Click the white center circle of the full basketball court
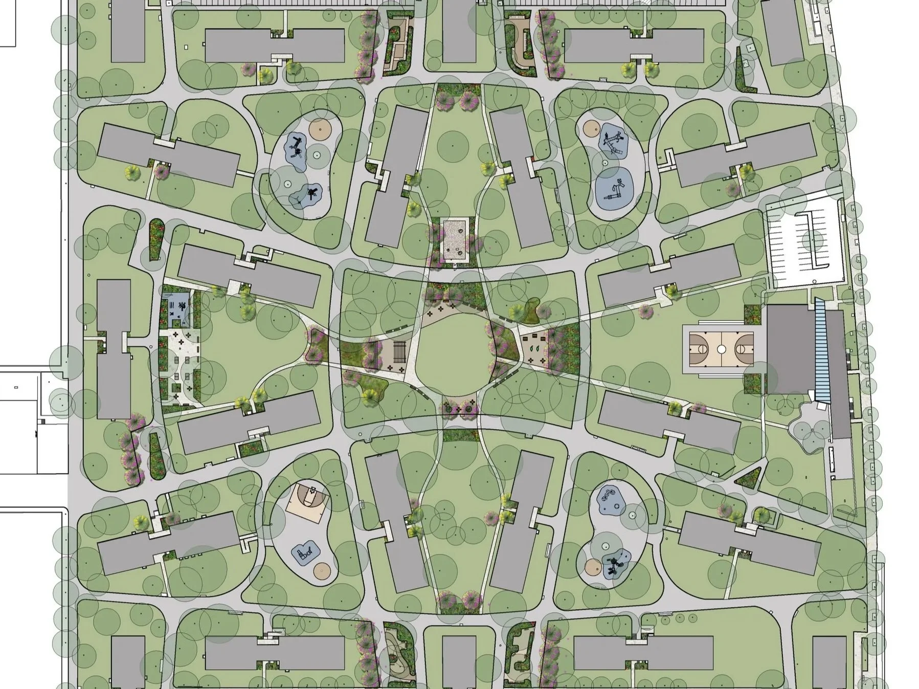click(x=721, y=349)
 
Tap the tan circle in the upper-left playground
click(x=320, y=129)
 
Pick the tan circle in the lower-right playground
click(x=593, y=567)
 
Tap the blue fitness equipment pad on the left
click(x=176, y=307)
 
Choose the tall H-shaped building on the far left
click(x=114, y=348)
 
